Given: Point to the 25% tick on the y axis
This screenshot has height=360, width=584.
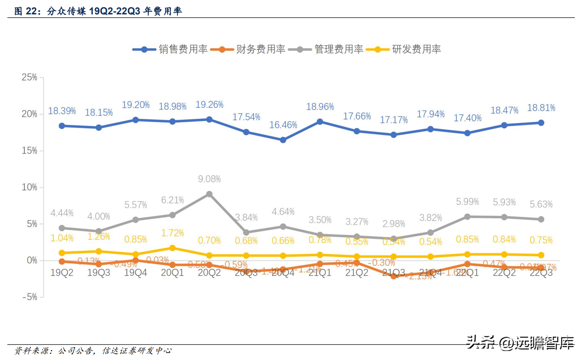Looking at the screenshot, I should point(30,77).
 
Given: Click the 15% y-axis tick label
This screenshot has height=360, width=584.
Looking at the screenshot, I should point(30,151).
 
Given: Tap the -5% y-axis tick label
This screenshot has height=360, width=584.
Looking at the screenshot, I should point(30,297).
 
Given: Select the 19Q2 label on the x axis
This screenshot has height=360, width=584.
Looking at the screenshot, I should point(62,273).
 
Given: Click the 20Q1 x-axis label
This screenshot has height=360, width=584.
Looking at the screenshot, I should point(172,273).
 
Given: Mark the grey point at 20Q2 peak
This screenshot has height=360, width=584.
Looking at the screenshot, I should point(209,194).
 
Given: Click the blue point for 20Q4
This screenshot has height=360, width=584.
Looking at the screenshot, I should point(283,140).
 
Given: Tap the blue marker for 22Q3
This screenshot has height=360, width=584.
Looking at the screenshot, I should point(541,123).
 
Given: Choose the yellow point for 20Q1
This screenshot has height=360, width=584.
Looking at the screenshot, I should point(172,248).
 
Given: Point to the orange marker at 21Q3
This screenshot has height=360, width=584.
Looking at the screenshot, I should point(394,276).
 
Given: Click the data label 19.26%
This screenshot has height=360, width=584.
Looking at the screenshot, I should point(209,105).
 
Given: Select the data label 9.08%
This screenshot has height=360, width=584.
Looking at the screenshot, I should point(209,179).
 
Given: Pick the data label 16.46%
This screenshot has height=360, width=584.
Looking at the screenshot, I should point(283,125).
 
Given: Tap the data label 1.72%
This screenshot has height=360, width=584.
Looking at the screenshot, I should point(172,233).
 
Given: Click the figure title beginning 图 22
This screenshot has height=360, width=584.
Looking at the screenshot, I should point(98,11).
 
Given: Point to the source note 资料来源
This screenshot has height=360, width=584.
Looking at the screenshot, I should point(93,351).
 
